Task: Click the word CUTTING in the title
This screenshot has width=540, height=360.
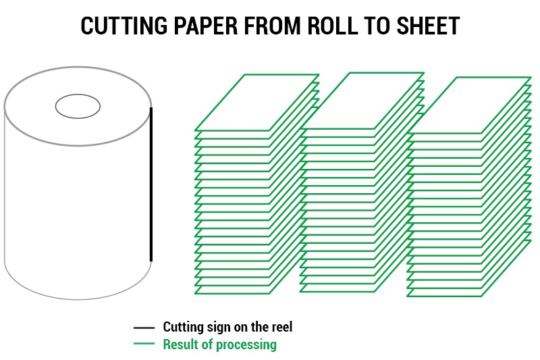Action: [124, 26]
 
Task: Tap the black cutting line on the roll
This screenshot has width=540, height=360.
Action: [151, 184]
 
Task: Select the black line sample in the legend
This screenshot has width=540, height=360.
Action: [144, 328]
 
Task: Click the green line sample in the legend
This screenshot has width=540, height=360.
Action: [144, 343]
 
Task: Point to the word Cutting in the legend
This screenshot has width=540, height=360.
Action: [184, 328]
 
